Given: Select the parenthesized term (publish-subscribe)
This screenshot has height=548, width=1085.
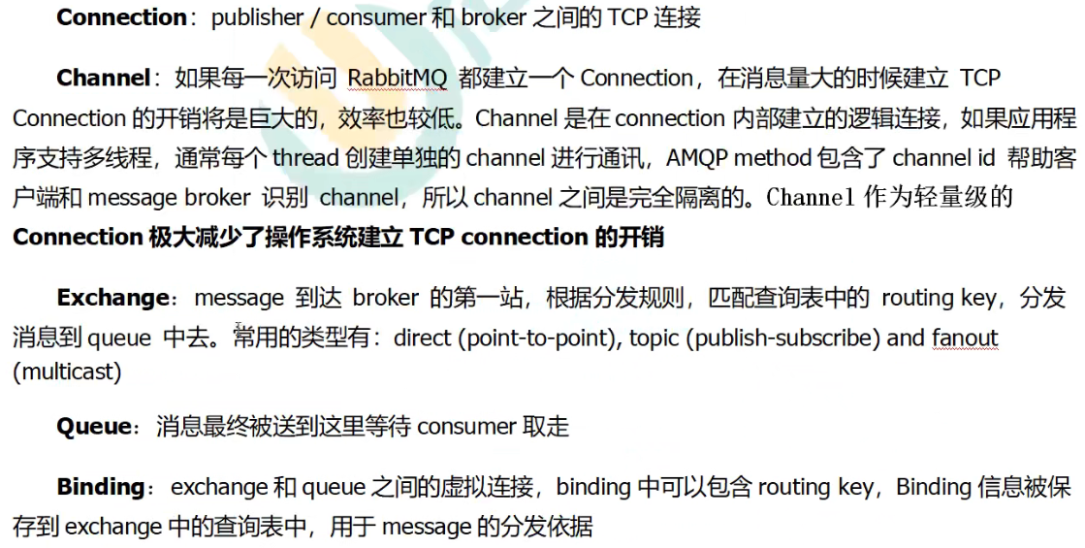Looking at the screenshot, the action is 781,338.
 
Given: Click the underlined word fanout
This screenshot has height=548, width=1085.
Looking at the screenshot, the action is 965,338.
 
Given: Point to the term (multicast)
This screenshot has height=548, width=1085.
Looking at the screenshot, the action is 67,371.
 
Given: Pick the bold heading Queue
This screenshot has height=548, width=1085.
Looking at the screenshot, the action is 93,427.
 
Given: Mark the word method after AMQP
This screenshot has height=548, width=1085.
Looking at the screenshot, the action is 780,157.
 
